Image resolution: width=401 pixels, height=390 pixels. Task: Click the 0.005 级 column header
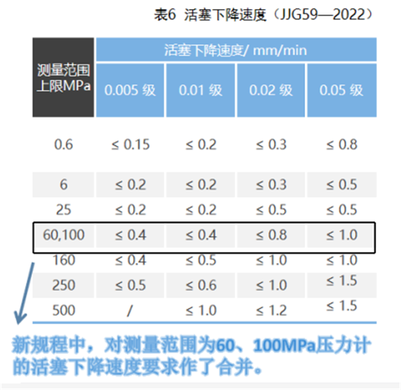130,90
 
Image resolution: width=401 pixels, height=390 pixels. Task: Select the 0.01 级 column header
200,90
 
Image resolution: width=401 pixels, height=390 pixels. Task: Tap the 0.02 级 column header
271,90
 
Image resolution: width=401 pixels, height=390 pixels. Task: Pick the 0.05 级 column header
341,90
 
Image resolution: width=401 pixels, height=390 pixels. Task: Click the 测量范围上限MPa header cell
64,78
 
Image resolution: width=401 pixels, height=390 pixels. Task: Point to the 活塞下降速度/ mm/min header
236,50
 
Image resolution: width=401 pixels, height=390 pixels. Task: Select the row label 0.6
64,145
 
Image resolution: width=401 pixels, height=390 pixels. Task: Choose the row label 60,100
64,235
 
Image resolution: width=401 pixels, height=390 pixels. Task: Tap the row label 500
64,310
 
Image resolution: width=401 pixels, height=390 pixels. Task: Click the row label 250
64,285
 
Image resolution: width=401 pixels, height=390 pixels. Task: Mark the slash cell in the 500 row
130,311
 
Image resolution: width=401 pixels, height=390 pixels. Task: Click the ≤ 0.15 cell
130,145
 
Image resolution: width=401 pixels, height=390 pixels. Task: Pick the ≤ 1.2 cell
271,310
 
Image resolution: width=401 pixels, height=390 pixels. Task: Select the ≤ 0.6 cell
200,285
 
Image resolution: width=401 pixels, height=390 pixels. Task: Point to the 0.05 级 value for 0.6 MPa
341,145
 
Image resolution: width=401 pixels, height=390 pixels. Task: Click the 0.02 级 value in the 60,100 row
271,235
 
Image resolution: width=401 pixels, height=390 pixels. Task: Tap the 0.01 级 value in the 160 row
200,260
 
